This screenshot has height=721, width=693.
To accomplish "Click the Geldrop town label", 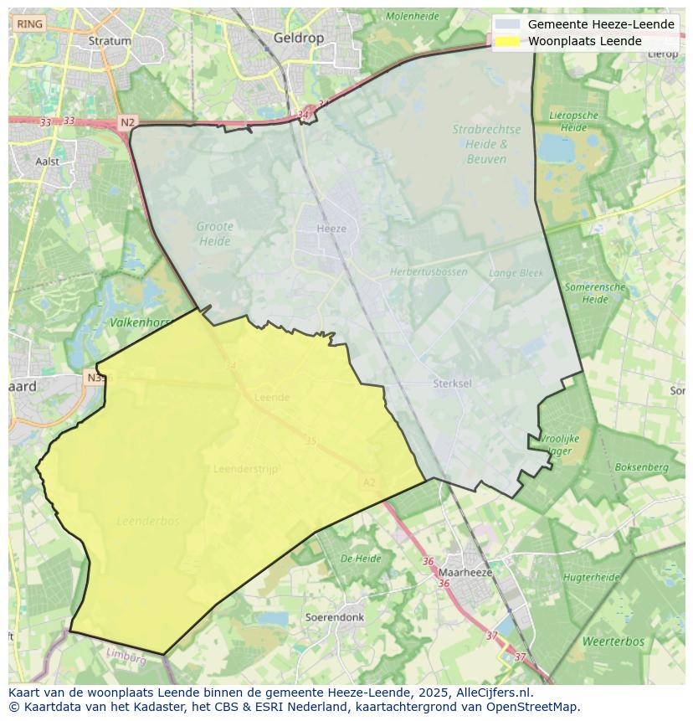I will (x=299, y=38).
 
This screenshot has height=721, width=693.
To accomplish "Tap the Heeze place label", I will (x=331, y=229).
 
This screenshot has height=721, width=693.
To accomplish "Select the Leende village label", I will (x=272, y=398).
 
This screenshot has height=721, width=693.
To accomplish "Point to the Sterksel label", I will (x=453, y=384).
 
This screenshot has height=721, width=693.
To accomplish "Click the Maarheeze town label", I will (x=465, y=573).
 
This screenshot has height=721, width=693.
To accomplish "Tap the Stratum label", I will (x=110, y=40).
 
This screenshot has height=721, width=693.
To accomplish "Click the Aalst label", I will (x=48, y=161).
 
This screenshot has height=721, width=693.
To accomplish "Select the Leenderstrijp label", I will (x=246, y=469).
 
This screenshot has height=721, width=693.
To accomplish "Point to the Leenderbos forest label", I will (x=148, y=521).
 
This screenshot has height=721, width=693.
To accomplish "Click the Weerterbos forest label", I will (x=613, y=641).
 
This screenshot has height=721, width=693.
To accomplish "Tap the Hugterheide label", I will (x=591, y=577).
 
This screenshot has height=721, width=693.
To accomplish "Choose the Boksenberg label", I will (x=642, y=467).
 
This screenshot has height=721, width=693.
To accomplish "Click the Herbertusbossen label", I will (x=429, y=272).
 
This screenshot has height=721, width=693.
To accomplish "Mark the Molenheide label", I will (x=413, y=16).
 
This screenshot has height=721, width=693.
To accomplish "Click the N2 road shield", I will (x=126, y=122).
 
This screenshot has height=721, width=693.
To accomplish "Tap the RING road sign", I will (x=29, y=24).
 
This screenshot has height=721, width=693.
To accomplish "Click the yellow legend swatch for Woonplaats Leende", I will (x=507, y=41).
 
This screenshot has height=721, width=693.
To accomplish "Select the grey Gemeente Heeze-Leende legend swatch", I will (x=507, y=24).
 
